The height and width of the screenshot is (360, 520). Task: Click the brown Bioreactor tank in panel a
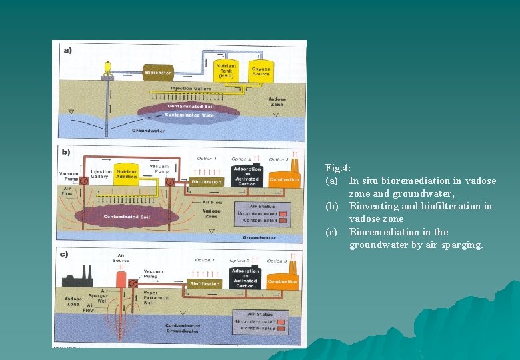[x=158, y=71]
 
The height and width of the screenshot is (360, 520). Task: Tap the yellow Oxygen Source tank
[x=261, y=70]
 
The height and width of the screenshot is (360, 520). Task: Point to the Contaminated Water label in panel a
[x=191, y=115]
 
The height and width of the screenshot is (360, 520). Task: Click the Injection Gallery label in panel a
[x=191, y=88]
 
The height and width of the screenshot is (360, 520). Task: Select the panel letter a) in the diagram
[x=67, y=50]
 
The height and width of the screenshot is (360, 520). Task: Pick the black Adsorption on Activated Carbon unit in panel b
[x=246, y=174]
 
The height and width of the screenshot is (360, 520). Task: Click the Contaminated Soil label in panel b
[x=126, y=217]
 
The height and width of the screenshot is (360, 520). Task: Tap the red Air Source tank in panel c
[x=121, y=277]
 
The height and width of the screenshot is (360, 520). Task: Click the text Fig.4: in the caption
[x=337, y=169]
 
